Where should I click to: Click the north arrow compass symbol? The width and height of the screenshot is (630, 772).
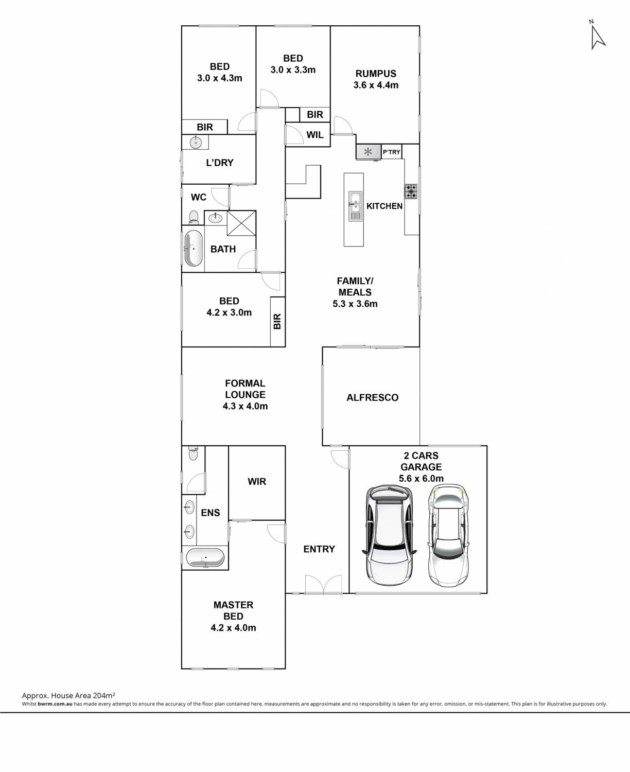coord(598,36)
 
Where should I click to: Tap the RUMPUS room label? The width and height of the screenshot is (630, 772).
coord(376,74)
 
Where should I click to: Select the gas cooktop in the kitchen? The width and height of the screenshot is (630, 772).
coord(411,191)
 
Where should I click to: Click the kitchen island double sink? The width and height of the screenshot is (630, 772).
coord(355,206)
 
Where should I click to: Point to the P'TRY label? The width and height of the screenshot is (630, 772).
coord(391,152)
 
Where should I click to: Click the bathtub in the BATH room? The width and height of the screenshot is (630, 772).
coord(194,248)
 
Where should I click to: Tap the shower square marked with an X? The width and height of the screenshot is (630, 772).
coord(241,223)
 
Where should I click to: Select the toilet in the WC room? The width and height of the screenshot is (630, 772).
coord(194,217)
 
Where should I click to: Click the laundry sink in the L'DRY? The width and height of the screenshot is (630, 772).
coord(196,142)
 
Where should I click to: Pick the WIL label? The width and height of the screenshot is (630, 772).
coord(315,135)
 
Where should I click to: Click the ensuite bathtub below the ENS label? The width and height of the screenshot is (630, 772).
coord(205,558)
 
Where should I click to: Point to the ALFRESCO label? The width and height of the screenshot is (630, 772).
coord(372,397)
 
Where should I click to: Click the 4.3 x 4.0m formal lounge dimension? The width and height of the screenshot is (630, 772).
coord(245,406)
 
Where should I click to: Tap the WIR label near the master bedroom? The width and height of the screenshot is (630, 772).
coord(257,481)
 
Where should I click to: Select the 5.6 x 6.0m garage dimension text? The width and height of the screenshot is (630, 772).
coord(421,479)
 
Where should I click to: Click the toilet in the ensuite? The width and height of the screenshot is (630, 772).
coord(193,453)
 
